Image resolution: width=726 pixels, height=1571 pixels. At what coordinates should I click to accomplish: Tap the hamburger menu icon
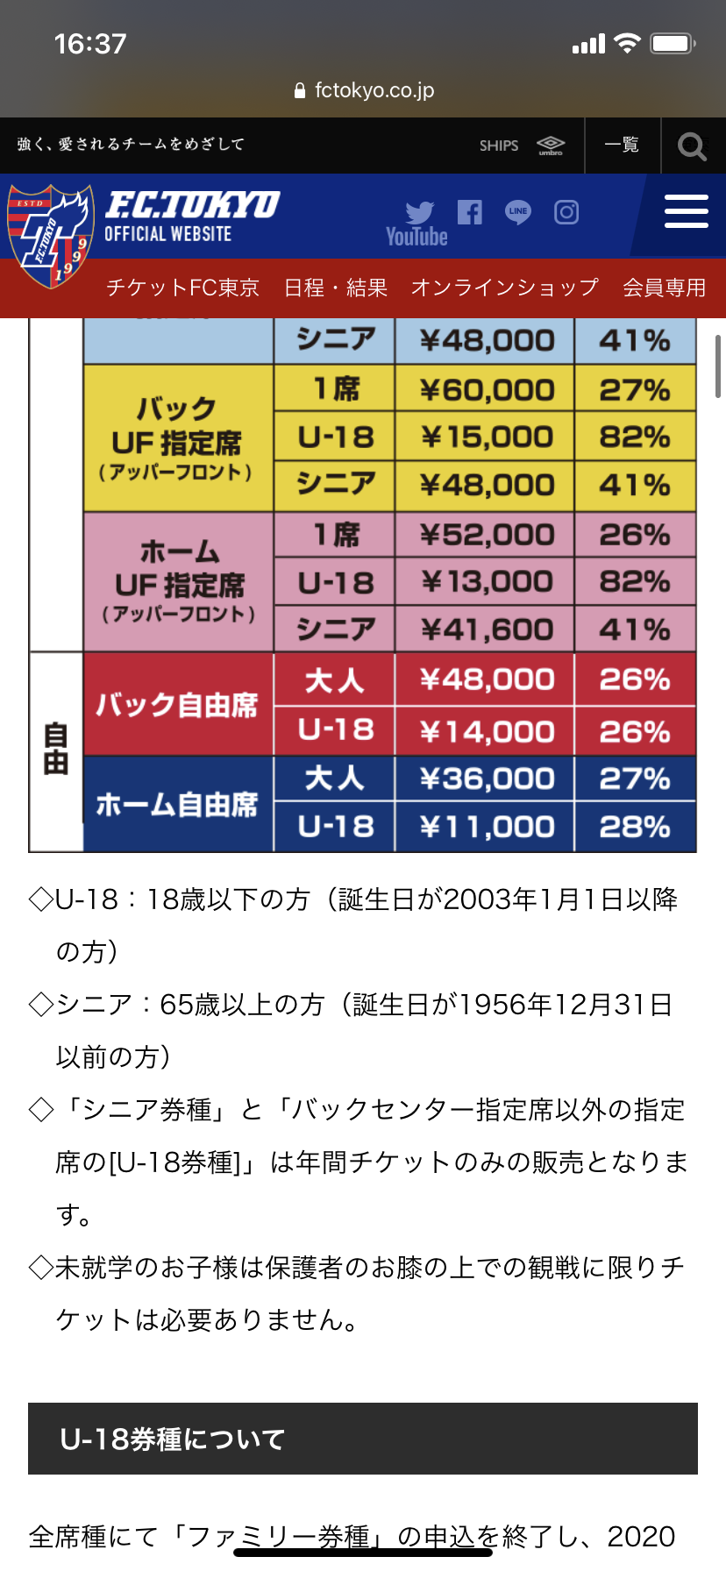pyautogui.click(x=686, y=212)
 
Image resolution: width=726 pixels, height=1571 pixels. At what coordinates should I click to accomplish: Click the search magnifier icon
pyautogui.click(x=692, y=146)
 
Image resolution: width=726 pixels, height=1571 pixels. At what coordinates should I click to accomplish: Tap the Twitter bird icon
pyautogui.click(x=420, y=211)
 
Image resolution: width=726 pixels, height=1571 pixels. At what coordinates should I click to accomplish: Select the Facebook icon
pyautogui.click(x=470, y=211)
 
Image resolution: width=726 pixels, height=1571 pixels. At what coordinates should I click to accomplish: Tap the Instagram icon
pyautogui.click(x=566, y=211)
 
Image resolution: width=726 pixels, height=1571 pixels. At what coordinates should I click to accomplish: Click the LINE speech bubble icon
pyautogui.click(x=518, y=211)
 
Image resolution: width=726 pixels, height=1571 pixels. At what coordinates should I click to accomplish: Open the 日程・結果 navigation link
pyautogui.click(x=336, y=288)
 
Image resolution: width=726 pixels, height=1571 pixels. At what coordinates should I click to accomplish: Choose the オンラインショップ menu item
pyautogui.click(x=504, y=288)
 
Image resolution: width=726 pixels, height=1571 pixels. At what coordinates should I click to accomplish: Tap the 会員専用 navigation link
pyautogui.click(x=664, y=288)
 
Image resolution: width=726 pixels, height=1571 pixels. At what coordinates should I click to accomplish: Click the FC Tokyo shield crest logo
pyautogui.click(x=50, y=235)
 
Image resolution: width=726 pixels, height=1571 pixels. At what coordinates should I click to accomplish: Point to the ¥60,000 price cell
pyautogui.click(x=486, y=389)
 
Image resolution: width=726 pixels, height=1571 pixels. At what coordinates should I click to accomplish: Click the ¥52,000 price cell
pyautogui.click(x=486, y=535)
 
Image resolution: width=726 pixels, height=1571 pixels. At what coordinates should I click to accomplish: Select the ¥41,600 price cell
pyautogui.click(x=486, y=629)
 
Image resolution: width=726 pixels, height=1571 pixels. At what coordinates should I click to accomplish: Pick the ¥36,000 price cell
pyautogui.click(x=486, y=778)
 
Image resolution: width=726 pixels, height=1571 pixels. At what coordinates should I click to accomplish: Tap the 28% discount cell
pyautogui.click(x=635, y=827)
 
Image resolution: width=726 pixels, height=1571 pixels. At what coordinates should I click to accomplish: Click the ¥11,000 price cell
pyautogui.click(x=486, y=827)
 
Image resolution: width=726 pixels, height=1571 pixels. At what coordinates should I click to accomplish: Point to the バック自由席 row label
pyautogui.click(x=177, y=705)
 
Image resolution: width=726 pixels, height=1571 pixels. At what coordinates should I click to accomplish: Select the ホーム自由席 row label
pyautogui.click(x=177, y=804)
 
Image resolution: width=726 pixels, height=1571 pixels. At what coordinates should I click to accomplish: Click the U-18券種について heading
pyautogui.click(x=173, y=1439)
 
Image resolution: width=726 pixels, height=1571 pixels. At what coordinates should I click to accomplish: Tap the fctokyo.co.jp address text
pyautogui.click(x=374, y=90)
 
